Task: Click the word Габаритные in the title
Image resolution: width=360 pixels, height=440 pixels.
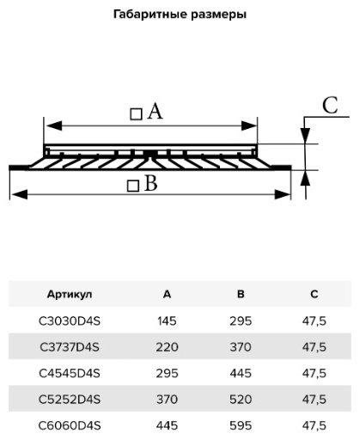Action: (x=149, y=14)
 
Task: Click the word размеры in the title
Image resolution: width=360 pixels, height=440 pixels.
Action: (x=219, y=15)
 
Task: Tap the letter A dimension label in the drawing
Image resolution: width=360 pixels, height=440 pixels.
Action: (x=155, y=112)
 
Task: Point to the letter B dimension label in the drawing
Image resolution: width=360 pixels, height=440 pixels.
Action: (x=151, y=183)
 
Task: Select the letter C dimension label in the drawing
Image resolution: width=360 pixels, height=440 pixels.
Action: (x=330, y=106)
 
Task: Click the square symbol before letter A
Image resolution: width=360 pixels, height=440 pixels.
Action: (x=136, y=114)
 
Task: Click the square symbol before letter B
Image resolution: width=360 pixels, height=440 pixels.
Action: (x=133, y=186)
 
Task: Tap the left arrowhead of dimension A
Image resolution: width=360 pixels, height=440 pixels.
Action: (x=53, y=125)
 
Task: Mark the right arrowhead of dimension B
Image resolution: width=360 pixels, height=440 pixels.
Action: (x=283, y=195)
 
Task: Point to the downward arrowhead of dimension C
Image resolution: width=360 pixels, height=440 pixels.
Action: (x=305, y=136)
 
